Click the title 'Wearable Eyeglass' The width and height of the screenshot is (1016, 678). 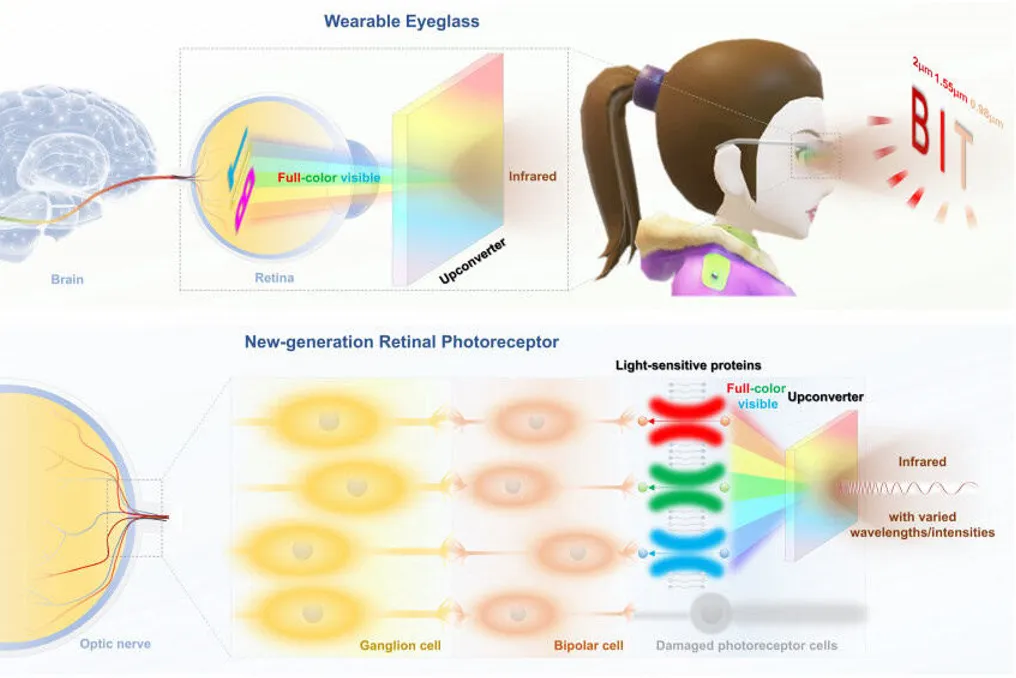point(402,21)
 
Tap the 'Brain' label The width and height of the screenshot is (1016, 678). point(67,279)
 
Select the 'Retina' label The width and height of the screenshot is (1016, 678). point(274,277)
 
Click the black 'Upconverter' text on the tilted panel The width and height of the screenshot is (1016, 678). point(472,261)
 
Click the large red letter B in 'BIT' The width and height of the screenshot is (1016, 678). point(920,121)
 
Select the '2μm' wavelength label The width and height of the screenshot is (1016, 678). point(922,67)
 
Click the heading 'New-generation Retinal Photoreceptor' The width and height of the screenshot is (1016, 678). point(402,342)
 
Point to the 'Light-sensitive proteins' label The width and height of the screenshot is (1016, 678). point(688,365)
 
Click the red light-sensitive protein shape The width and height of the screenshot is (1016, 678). point(686,421)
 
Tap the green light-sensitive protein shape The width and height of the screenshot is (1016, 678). point(686,487)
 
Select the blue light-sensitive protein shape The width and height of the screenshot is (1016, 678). point(686,553)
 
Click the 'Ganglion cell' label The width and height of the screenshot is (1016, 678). point(400,646)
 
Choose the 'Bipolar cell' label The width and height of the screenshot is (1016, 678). point(588,646)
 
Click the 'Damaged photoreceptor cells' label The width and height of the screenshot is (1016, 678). point(746,646)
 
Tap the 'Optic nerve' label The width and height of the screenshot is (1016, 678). point(115,644)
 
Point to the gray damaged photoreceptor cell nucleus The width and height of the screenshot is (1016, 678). point(711,613)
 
